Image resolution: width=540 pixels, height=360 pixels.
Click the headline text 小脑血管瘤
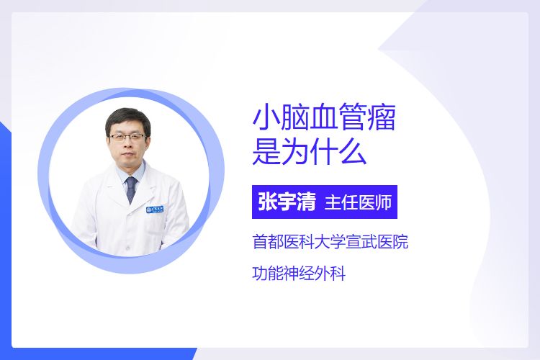click(x=324, y=118)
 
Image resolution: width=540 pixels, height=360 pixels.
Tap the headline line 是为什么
click(x=310, y=152)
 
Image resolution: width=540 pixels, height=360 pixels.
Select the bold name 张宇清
click(x=287, y=202)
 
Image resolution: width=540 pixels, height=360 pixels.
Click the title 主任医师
click(x=358, y=202)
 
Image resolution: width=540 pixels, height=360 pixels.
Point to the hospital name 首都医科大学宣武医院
click(x=330, y=242)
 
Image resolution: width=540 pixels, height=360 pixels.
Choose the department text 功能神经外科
click(x=299, y=274)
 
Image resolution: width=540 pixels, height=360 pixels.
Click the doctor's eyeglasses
click(x=127, y=137)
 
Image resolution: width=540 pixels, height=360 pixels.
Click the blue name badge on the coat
click(x=155, y=209)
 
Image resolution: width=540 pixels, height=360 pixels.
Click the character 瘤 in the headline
click(x=382, y=118)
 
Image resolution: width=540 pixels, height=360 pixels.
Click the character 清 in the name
click(x=307, y=202)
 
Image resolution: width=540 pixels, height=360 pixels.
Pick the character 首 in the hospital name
click(x=260, y=242)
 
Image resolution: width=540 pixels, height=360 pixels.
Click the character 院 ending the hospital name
click(x=401, y=242)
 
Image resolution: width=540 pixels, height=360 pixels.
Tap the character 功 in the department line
click(x=260, y=274)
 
